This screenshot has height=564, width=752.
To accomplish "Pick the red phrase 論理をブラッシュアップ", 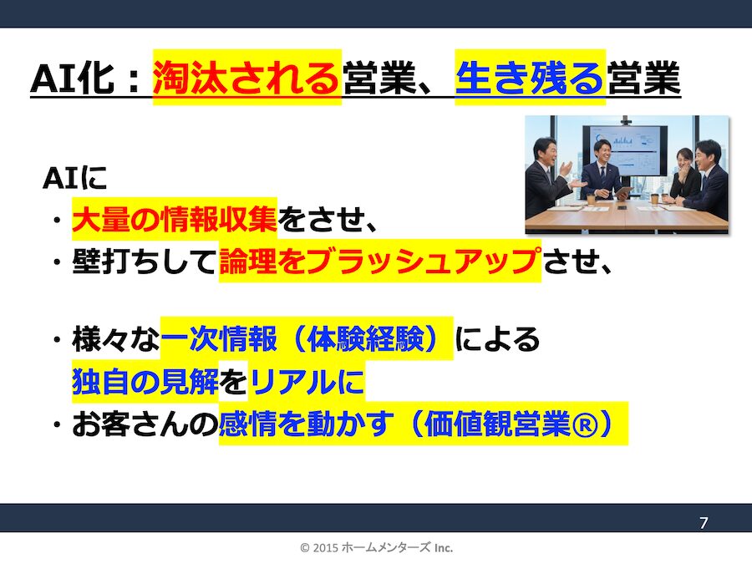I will [379, 262].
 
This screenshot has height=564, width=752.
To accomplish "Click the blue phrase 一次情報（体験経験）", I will [306, 341].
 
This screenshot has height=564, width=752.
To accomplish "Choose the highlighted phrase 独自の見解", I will [145, 383].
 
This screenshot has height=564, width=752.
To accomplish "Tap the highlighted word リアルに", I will [307, 383].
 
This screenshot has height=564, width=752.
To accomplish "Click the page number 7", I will [704, 524].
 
